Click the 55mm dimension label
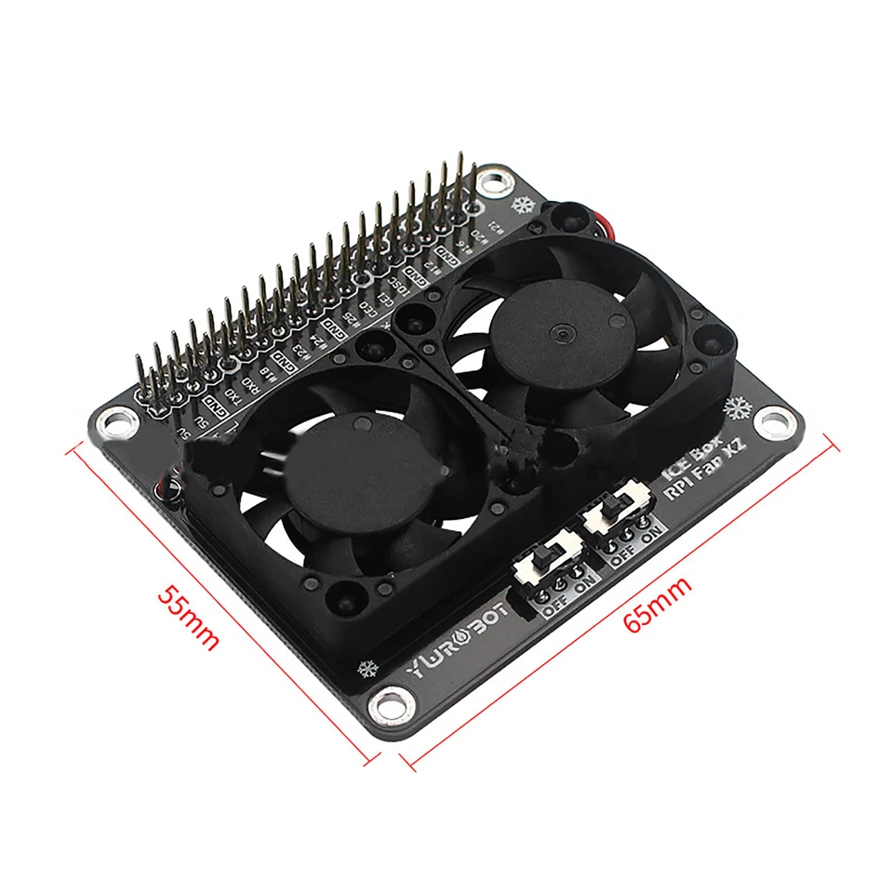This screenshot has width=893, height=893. click(x=187, y=617)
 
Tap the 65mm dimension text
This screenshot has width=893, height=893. click(x=658, y=606)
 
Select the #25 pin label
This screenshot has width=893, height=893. click(x=349, y=321)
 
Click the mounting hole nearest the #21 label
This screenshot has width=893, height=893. click(x=495, y=180)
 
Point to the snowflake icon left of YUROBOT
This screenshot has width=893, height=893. click(x=367, y=668)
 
